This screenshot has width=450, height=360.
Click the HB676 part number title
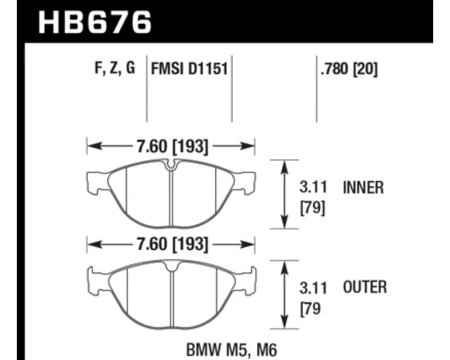(94, 22)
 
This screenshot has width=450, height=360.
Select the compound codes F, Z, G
(115, 68)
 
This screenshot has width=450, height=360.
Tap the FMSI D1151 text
(189, 69)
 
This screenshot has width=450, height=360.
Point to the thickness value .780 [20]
(349, 69)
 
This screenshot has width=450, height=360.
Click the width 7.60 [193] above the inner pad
(172, 146)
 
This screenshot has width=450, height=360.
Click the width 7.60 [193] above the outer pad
(172, 245)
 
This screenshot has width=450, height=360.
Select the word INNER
(363, 187)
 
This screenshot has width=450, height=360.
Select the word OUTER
(365, 287)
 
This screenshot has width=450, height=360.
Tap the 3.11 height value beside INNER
(313, 187)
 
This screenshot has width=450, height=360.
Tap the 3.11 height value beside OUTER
(313, 288)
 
